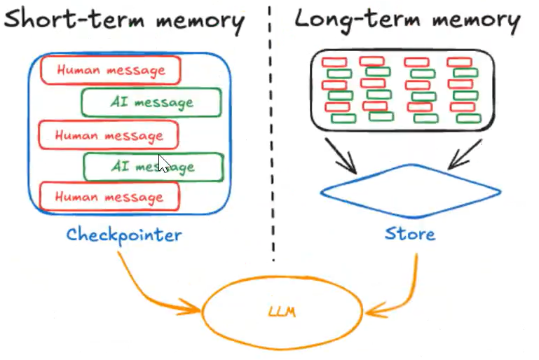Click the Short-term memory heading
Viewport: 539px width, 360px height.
[125, 20]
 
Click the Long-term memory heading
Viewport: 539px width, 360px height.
[408, 20]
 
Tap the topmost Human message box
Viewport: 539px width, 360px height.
[111, 70]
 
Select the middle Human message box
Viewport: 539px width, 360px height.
[109, 135]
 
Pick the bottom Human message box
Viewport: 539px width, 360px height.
[109, 197]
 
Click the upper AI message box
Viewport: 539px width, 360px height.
[151, 102]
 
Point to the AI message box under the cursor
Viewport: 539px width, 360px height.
[153, 167]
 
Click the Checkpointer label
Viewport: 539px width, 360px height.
[124, 235]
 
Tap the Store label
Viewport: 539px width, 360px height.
[410, 234]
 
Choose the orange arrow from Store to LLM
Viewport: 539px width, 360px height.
[411, 296]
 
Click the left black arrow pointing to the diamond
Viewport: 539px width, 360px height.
[341, 155]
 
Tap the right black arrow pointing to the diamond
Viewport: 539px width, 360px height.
[465, 154]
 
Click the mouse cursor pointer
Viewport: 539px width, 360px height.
[164, 163]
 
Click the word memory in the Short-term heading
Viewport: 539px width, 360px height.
[200, 21]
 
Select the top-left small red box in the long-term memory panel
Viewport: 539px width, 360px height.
[334, 62]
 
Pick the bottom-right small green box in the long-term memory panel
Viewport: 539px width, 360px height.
[468, 118]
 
